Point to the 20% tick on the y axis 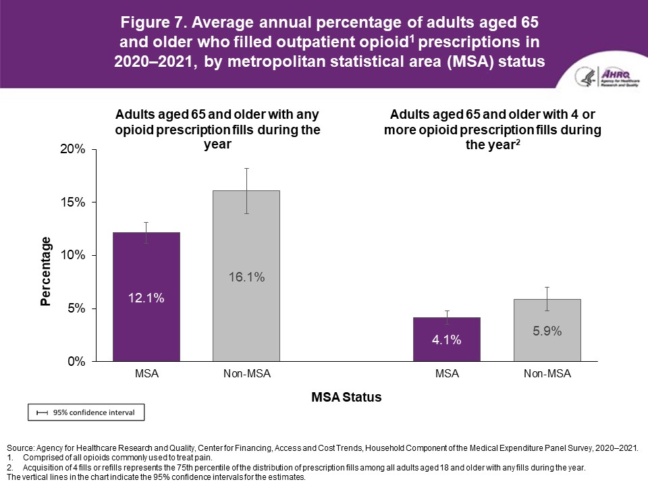pyautogui.click(x=71, y=149)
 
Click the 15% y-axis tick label pyautogui.click(x=71, y=202)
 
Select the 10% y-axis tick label pyautogui.click(x=71, y=255)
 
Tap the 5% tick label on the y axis pyautogui.click(x=74, y=308)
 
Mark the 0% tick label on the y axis pyautogui.click(x=74, y=362)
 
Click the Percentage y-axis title pyautogui.click(x=46, y=271)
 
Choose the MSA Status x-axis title pyautogui.click(x=346, y=398)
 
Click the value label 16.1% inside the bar pyautogui.click(x=246, y=277)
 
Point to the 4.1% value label pyautogui.click(x=447, y=340)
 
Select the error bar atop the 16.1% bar pyautogui.click(x=247, y=190)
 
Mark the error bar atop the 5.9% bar pyautogui.click(x=547, y=298)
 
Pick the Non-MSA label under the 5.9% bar pyautogui.click(x=547, y=373)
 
